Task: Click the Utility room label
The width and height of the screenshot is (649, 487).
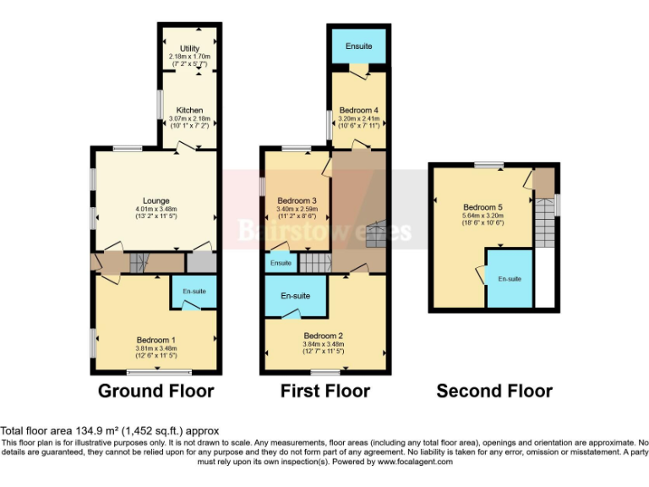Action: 189,50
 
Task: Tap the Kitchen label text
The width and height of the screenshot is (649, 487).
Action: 189,110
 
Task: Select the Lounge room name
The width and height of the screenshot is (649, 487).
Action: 155,200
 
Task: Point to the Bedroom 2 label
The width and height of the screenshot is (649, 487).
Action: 324,335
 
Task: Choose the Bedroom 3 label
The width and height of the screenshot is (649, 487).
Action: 297,200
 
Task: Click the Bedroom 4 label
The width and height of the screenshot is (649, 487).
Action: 358,111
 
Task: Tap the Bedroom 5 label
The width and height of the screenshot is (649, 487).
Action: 483,206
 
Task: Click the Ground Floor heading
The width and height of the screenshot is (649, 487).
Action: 155,391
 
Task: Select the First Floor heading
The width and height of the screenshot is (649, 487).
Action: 324,391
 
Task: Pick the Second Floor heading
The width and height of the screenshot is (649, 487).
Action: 494,391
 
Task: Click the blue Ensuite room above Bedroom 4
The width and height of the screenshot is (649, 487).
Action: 358,45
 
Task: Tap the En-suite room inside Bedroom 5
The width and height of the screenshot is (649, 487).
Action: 510,278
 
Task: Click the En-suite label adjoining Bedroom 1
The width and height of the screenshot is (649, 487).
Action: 194,291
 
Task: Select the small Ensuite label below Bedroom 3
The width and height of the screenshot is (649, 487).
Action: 281,263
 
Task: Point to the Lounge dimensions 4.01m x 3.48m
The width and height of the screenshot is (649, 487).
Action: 155,209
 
